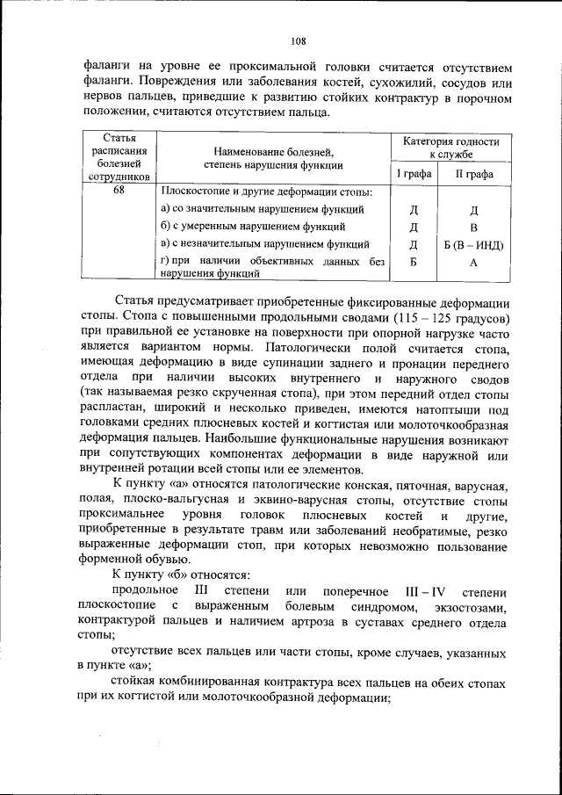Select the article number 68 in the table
pos(118,192)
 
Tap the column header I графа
pos(412,174)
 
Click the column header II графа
pos(473,174)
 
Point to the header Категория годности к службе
pos(450,147)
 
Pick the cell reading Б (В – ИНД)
pos(473,244)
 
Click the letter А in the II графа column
pos(473,262)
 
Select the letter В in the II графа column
pos(473,227)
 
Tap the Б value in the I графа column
pos(412,262)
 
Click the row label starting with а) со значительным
pos(263,209)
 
